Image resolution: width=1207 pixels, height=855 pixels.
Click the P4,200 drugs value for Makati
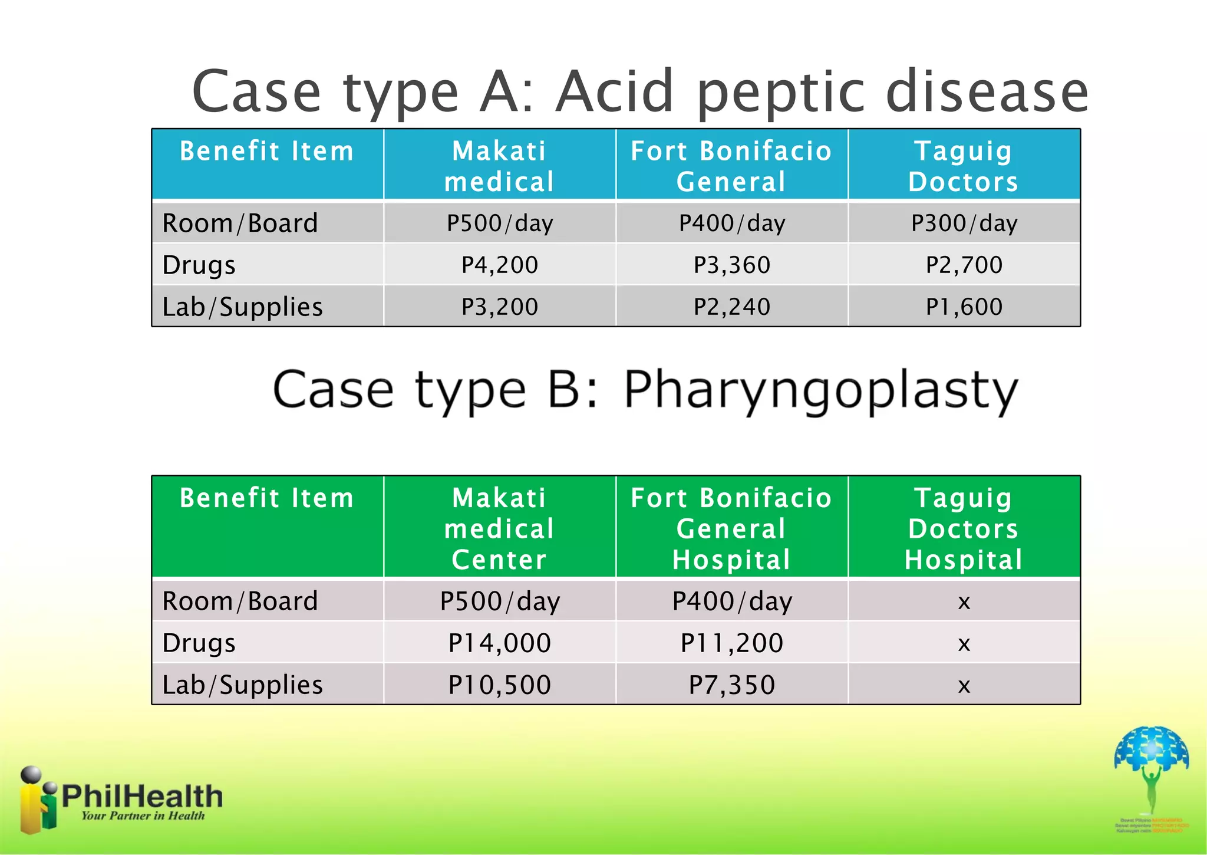click(499, 265)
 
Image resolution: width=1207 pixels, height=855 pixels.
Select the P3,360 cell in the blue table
click(731, 265)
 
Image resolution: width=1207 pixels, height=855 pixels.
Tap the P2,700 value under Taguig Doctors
click(964, 265)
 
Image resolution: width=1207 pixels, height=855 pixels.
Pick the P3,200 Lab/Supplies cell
click(499, 307)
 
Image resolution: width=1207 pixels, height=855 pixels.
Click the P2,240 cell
click(731, 307)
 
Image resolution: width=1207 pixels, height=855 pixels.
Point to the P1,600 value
click(964, 307)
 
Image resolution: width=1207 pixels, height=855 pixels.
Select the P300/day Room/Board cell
click(964, 223)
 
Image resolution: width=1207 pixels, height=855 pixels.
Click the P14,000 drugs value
click(499, 643)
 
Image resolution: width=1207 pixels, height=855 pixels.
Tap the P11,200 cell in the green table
click(731, 643)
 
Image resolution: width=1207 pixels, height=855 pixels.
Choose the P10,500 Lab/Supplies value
click(499, 685)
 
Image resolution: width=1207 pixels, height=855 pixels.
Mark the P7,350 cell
click(731, 685)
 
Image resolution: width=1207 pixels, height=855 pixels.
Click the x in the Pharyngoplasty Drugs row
click(964, 643)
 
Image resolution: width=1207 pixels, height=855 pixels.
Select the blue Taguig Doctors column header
click(964, 166)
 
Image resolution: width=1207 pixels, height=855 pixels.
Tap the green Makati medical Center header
click(499, 528)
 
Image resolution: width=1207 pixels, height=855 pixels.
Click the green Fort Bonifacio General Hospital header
click(731, 528)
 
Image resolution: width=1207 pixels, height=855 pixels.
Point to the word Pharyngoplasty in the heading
click(820, 390)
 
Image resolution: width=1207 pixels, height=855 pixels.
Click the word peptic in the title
click(784, 92)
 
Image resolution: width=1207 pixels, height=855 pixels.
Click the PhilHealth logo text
click(141, 797)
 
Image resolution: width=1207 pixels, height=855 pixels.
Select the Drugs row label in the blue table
click(199, 265)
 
